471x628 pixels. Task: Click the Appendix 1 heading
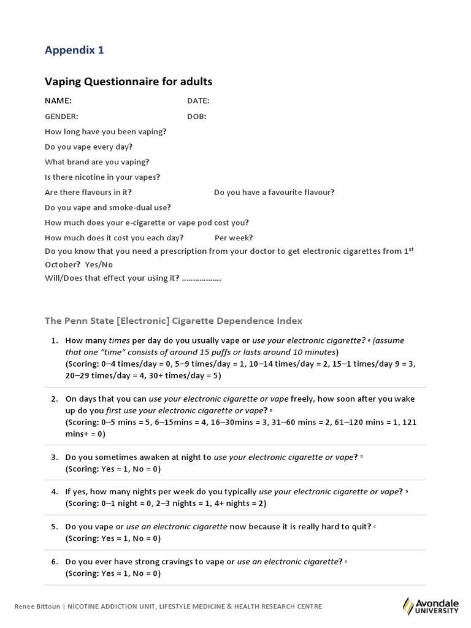tap(74, 50)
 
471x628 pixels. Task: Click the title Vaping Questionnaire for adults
tap(128, 82)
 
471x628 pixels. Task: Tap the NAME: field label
tap(58, 101)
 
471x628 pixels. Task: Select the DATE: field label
tap(198, 101)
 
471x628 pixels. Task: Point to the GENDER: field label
tap(61, 116)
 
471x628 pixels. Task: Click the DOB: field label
tap(196, 116)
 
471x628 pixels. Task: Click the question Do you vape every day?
tap(88, 147)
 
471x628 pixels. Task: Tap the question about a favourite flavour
tap(274, 192)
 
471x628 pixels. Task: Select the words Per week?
tap(234, 238)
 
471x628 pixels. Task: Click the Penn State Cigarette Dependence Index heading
tap(173, 321)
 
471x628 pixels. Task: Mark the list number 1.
tap(54, 340)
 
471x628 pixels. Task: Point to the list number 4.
tap(54, 491)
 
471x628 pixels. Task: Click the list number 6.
tap(54, 561)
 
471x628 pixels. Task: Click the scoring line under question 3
tap(113, 469)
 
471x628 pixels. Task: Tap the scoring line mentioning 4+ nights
tap(166, 504)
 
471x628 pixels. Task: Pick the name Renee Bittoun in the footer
tap(36, 607)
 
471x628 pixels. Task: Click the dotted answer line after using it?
tap(202, 278)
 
